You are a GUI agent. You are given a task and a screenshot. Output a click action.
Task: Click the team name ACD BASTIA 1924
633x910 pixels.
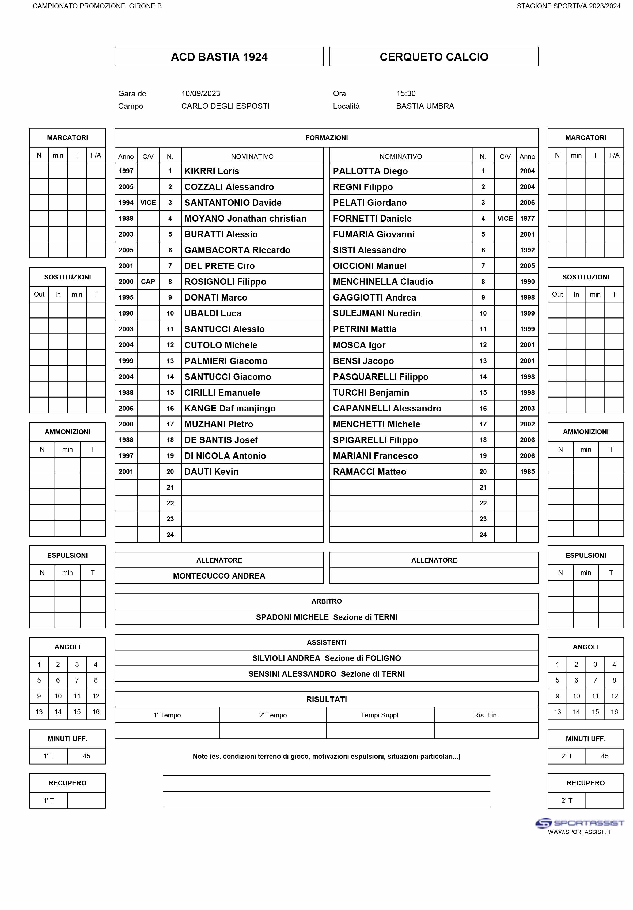219,57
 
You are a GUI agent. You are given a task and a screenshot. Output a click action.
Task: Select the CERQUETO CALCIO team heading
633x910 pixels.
434,57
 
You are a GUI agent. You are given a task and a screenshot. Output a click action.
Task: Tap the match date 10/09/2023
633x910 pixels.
201,93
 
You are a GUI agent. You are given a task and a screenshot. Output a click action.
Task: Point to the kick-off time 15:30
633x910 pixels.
406,93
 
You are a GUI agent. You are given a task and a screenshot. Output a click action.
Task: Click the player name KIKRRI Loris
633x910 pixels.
211,171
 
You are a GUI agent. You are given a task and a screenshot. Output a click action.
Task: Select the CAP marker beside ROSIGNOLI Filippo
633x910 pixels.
148,282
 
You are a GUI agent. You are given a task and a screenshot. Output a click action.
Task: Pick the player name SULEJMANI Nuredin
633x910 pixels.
376,313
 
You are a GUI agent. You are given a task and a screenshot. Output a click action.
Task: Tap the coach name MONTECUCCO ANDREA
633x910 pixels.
219,576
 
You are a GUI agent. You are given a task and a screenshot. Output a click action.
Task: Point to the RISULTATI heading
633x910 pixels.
326,699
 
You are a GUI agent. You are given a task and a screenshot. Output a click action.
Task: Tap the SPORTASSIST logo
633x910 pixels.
579,823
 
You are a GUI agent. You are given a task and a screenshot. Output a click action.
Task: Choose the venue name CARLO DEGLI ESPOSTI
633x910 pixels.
225,106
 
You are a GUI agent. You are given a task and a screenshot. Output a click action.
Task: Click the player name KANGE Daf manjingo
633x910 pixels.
230,409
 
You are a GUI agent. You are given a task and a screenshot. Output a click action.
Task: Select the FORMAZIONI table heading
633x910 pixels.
326,138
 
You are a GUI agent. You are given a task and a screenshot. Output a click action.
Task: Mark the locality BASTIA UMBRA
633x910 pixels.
425,106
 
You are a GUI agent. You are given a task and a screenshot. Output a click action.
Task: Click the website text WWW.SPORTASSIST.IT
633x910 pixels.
579,832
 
